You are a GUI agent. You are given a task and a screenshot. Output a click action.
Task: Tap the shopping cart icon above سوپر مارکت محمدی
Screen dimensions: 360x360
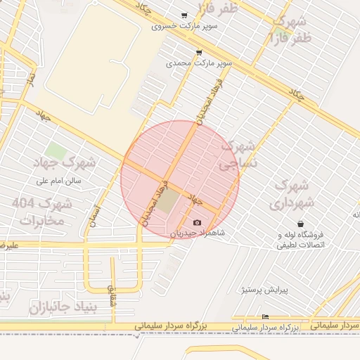click(x=199, y=53)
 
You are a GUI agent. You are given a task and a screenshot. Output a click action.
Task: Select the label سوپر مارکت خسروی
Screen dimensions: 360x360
click(x=184, y=27)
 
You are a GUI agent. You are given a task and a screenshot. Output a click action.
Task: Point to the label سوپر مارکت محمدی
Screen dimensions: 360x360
click(x=199, y=63)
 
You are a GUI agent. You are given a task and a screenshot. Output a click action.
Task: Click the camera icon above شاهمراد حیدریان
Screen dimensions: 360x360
click(x=197, y=222)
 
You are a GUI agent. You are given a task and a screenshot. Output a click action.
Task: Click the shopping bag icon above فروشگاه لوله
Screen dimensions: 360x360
click(x=301, y=224)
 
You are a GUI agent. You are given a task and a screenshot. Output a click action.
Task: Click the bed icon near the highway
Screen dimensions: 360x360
click(x=265, y=317)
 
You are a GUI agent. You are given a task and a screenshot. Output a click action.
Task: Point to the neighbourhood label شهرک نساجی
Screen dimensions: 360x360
click(x=238, y=156)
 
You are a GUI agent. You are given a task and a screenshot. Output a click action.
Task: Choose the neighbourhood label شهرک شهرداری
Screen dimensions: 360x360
click(x=289, y=195)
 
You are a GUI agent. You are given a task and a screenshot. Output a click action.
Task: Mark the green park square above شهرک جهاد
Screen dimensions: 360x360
click(x=54, y=150)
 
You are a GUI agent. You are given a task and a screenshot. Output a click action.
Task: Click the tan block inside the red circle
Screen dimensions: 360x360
click(x=169, y=202)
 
